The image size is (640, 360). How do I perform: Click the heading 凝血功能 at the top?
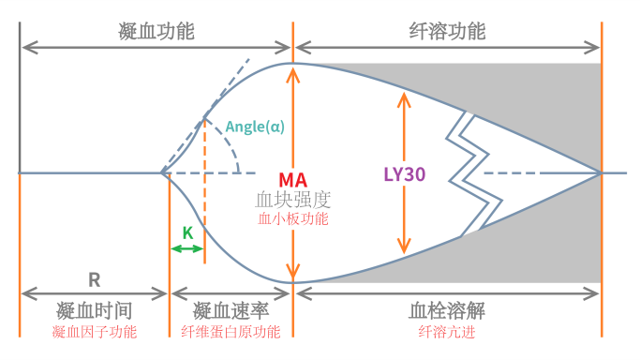(x=156, y=30)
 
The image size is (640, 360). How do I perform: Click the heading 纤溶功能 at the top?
(x=448, y=30)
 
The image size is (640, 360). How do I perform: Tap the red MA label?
(x=293, y=178)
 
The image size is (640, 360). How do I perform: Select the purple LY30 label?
(x=405, y=173)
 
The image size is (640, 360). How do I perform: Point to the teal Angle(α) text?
(x=255, y=127)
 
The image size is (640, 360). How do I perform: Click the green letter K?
(x=187, y=232)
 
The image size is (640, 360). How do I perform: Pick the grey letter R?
(x=94, y=278)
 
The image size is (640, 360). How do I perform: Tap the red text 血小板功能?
(x=293, y=219)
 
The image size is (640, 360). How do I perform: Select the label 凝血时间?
(x=93, y=310)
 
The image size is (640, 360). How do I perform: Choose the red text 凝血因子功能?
(x=93, y=332)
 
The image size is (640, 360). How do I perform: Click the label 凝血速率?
(x=231, y=310)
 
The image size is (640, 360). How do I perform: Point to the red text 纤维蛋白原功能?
(x=231, y=332)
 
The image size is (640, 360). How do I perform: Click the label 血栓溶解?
(x=447, y=310)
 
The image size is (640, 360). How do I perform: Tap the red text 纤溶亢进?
(x=447, y=332)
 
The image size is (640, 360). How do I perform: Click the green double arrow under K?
(x=187, y=248)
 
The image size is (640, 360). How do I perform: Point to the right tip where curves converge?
(x=600, y=173)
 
